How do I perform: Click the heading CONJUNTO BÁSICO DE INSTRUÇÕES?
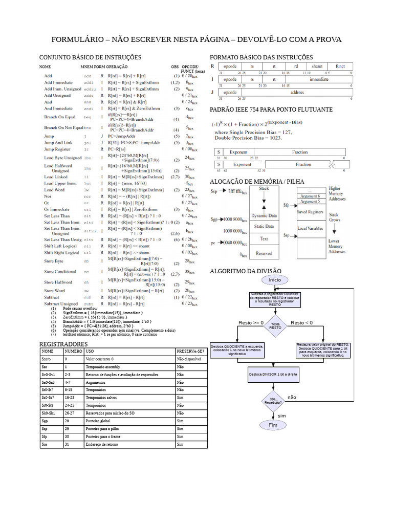tap(90, 57)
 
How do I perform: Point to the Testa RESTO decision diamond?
tap(275, 326)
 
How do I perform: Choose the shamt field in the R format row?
tap(317, 67)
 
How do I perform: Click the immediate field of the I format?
tap(319, 80)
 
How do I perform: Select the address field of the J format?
tap(297, 93)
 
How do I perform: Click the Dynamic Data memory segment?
tap(264, 215)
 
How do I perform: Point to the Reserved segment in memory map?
tap(264, 253)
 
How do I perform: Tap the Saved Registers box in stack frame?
tap(310, 211)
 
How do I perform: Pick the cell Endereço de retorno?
tap(129, 445)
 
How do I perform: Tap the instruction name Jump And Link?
tap(58, 143)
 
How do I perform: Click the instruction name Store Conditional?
tap(60, 272)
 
